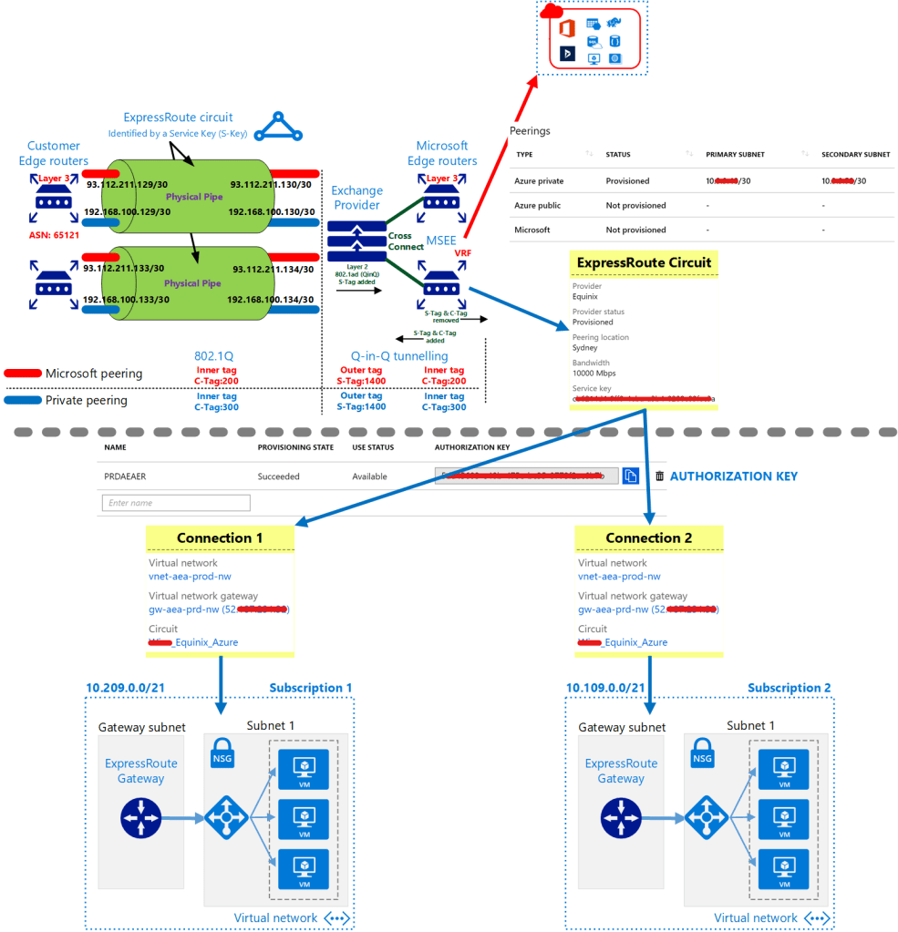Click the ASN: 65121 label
[x=53, y=234]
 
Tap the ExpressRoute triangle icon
[x=276, y=128]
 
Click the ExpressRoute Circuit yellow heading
[x=643, y=263]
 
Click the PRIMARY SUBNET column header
[x=735, y=154]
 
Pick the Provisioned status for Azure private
[x=627, y=181]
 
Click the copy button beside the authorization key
[x=630, y=476]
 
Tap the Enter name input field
[x=176, y=503]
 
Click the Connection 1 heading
[x=220, y=538]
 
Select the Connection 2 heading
[x=648, y=538]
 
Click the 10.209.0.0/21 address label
[x=125, y=688]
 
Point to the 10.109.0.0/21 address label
[x=606, y=688]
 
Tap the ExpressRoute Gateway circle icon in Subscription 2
[x=622, y=819]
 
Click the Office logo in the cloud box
[x=566, y=28]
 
